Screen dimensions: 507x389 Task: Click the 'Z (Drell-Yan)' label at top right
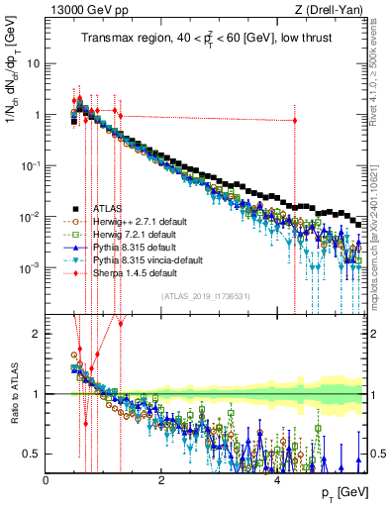click(334, 10)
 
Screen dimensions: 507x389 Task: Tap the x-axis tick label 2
click(161, 479)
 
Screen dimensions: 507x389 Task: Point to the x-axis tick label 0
click(47, 479)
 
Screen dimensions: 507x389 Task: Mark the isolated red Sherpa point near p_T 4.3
click(294, 121)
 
